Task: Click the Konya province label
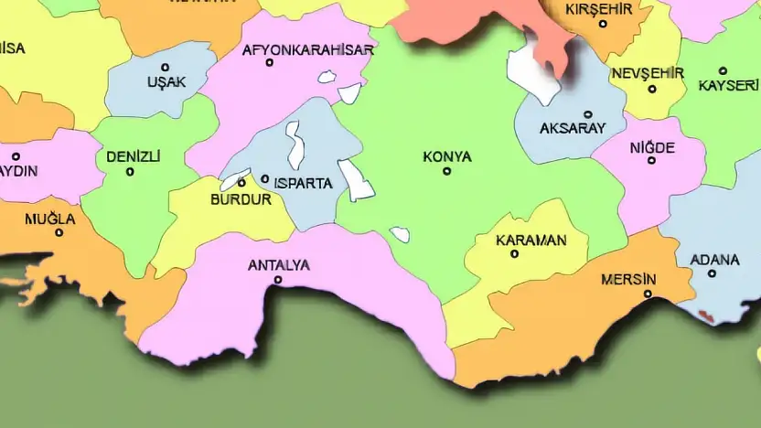click(x=447, y=157)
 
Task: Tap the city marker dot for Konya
click(x=447, y=171)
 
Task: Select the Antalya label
click(x=279, y=266)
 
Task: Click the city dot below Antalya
click(x=278, y=281)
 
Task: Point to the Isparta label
click(x=303, y=183)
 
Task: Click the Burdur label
click(x=241, y=199)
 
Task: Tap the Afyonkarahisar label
click(x=307, y=50)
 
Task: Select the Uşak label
click(x=166, y=82)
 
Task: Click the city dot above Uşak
click(x=166, y=67)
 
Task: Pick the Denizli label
click(x=134, y=156)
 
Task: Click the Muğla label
click(x=50, y=219)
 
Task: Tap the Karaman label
click(x=531, y=241)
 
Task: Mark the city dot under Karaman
click(x=515, y=253)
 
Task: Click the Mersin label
click(x=629, y=279)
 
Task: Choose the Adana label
click(x=714, y=260)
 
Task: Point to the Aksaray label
click(x=573, y=128)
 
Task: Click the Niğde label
click(x=652, y=147)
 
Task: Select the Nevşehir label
click(x=648, y=73)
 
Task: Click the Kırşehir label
click(x=599, y=9)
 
